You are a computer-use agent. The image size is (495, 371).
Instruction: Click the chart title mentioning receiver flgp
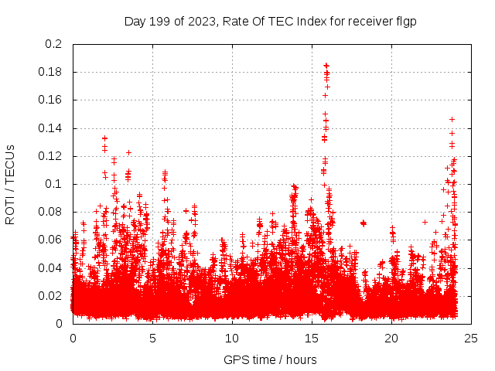click(x=270, y=22)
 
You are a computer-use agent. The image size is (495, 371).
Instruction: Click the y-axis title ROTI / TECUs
click(x=10, y=184)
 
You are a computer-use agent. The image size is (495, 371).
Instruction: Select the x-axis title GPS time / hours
click(x=270, y=359)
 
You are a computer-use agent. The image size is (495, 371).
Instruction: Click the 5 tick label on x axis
click(x=152, y=338)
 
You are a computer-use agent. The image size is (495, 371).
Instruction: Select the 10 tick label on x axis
click(x=232, y=338)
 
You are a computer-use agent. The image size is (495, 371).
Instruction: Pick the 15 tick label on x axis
click(x=312, y=338)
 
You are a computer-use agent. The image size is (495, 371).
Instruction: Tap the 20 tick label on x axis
click(x=391, y=338)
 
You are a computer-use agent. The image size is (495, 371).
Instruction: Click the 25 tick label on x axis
click(x=471, y=338)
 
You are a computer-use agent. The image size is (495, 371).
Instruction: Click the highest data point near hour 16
click(x=326, y=66)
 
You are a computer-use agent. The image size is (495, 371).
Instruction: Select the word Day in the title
click(x=135, y=22)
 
